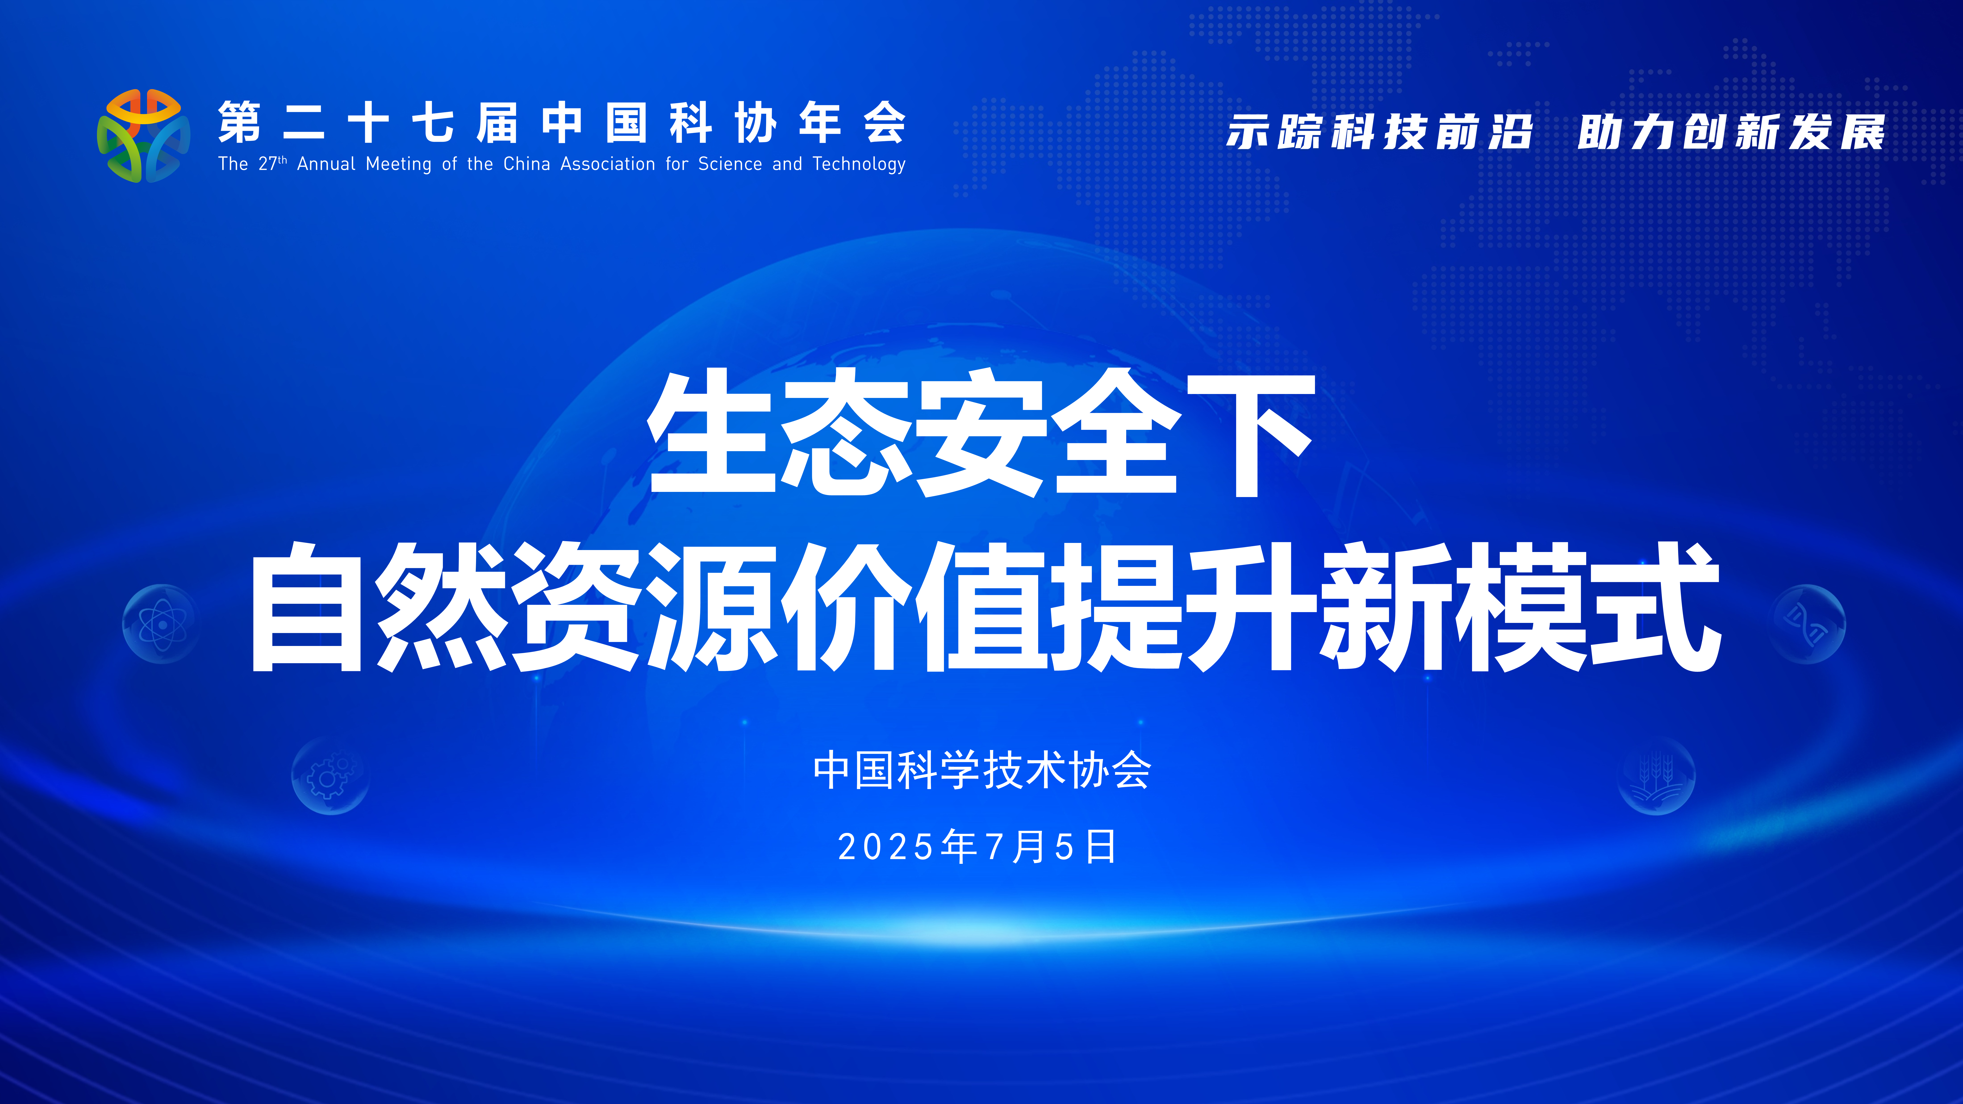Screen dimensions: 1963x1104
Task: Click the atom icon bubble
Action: tap(161, 624)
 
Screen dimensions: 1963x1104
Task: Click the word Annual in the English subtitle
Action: tap(326, 164)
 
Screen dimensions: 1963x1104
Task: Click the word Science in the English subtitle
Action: tap(730, 164)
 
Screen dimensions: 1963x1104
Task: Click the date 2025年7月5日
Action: tap(978, 846)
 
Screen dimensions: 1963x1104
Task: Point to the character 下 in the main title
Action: tap(1250, 434)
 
